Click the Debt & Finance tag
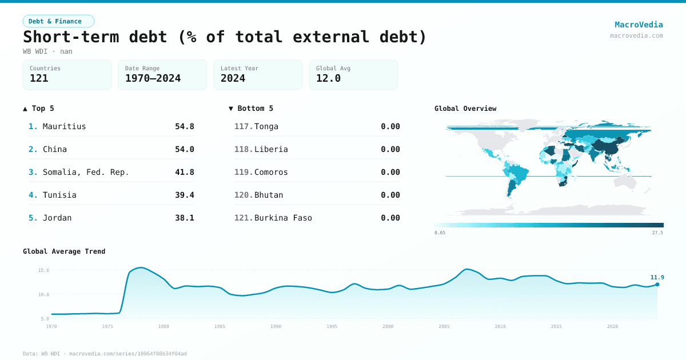point(58,21)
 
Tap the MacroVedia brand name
point(639,25)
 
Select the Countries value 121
point(39,78)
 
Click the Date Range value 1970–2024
point(153,78)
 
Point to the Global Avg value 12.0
point(328,78)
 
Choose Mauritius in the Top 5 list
point(64,126)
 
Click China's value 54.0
point(184,149)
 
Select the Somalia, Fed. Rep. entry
point(86,172)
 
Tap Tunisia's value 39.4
point(184,195)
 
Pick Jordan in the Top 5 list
point(57,218)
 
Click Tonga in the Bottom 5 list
point(266,126)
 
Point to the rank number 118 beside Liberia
point(243,149)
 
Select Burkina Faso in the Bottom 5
point(283,218)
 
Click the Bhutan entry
point(269,195)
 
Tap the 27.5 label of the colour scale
point(657,233)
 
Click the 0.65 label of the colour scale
point(440,233)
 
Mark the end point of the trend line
point(657,284)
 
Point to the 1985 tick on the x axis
point(220,326)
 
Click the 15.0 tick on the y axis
point(43,270)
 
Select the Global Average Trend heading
point(64,251)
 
